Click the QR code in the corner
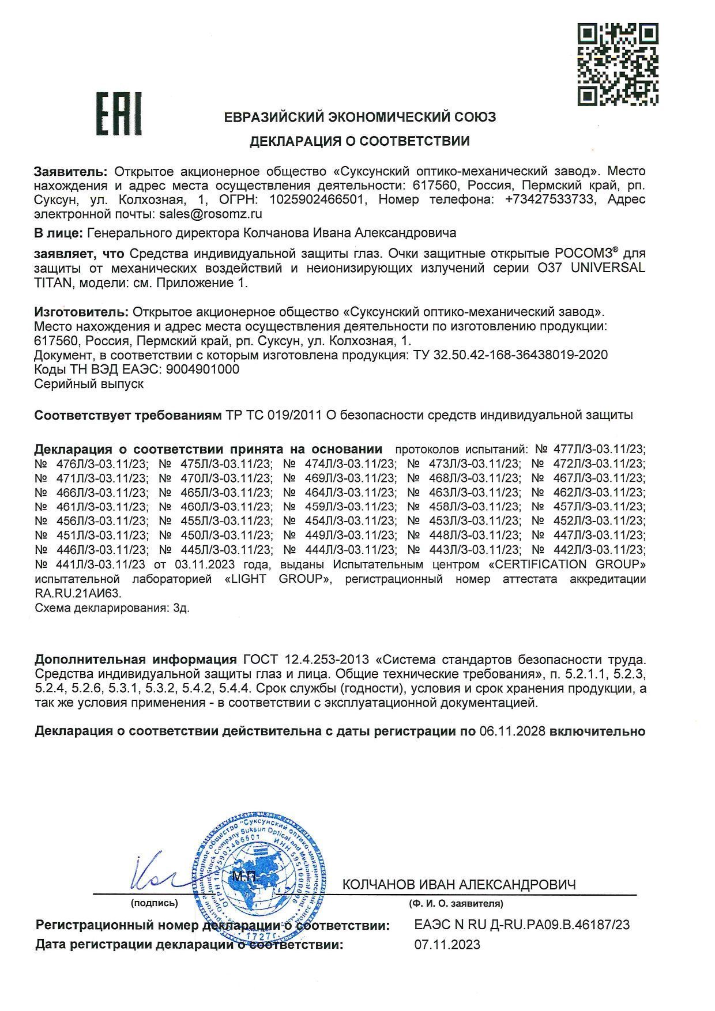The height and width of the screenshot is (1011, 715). [618, 65]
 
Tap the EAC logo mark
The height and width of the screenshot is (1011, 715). [119, 113]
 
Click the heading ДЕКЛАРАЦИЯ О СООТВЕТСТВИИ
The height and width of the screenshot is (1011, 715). [359, 141]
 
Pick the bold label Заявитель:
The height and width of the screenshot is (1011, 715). [71, 171]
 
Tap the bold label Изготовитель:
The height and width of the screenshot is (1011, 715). [81, 312]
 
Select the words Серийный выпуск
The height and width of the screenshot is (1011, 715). [89, 384]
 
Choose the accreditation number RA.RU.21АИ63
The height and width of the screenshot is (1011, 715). [78, 593]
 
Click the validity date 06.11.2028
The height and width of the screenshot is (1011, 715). [512, 731]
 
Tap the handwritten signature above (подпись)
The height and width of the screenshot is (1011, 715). [155, 876]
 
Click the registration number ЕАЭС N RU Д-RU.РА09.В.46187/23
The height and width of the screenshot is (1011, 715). [522, 926]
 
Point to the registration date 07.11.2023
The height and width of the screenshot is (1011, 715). [447, 945]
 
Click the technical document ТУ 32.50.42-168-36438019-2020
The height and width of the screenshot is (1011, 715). [510, 354]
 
